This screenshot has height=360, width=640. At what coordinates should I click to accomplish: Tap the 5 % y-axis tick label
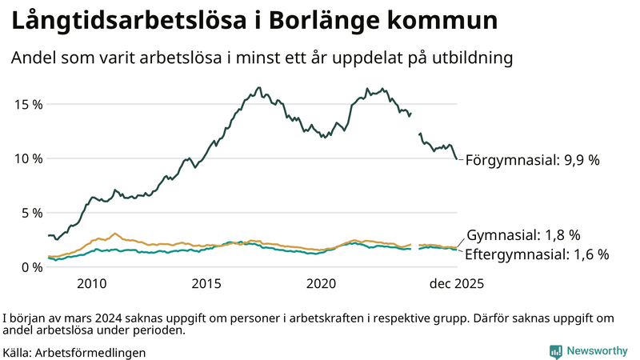tap(30, 213)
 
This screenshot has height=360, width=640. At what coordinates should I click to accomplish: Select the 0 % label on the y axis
tap(30, 267)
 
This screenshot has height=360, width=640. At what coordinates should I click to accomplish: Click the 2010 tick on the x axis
tap(91, 284)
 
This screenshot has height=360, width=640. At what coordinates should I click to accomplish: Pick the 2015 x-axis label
tap(206, 284)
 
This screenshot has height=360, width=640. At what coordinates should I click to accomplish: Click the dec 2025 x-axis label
tap(456, 284)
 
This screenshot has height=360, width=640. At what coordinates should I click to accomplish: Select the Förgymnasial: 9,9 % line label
tap(532, 160)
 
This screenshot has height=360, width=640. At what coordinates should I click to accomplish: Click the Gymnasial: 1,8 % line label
tap(523, 235)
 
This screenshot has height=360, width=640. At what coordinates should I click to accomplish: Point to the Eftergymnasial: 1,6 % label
tap(537, 254)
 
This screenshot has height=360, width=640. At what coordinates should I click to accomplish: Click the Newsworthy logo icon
tap(555, 350)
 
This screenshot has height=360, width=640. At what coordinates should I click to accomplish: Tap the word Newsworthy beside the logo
tap(598, 350)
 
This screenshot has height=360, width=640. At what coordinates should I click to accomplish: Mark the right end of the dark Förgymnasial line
tap(457, 158)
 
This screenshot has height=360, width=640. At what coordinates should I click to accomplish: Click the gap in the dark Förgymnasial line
tap(414, 124)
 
